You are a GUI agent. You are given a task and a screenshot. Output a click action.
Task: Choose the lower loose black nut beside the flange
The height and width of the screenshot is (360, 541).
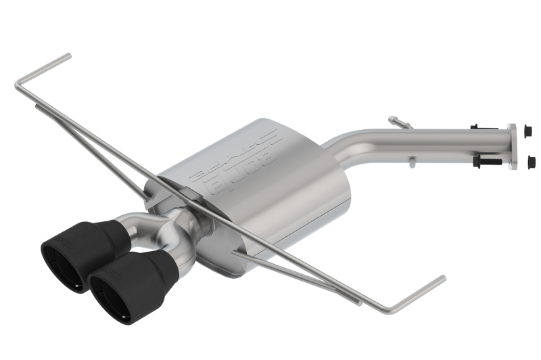530,161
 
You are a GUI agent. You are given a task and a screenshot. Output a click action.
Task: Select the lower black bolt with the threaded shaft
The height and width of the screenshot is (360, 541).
488,162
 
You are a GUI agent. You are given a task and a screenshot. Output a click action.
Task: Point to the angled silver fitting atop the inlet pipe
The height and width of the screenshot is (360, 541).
400,122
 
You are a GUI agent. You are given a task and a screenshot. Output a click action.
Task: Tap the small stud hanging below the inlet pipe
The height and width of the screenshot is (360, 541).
410,160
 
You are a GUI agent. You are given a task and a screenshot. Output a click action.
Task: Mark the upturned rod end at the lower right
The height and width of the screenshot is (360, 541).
441,278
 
